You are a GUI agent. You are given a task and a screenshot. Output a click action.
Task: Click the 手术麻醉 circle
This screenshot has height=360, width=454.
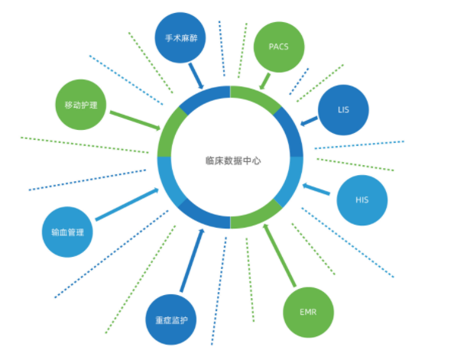[180, 37]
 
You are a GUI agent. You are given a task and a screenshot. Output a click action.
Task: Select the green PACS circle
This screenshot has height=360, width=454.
[279, 47]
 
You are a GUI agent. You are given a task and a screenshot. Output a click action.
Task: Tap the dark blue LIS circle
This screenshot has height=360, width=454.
[343, 110]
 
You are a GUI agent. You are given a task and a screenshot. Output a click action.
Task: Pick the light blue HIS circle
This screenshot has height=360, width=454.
[362, 200]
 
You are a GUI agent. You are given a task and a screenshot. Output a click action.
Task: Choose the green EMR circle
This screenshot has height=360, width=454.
[308, 312]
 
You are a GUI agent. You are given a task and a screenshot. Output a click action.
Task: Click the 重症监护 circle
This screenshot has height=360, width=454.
[171, 319]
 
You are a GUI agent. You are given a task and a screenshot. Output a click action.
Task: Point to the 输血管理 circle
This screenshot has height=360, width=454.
[67, 232]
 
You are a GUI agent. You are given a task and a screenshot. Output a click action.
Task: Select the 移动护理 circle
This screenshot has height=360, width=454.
[81, 105]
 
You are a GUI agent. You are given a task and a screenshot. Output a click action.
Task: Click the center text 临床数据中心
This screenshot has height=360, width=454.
[233, 161]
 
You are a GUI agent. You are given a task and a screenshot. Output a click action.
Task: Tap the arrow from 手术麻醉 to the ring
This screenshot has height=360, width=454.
[196, 76]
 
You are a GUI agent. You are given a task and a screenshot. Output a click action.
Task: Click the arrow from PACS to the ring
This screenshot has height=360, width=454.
[265, 81]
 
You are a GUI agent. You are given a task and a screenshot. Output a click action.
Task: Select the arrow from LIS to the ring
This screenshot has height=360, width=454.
[309, 121]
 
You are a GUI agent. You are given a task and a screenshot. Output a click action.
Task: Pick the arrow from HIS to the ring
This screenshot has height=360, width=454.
[316, 189]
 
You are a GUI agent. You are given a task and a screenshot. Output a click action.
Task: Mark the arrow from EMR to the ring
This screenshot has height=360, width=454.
[280, 255]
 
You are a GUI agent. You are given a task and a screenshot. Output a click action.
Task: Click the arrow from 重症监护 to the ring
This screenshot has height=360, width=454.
[193, 260]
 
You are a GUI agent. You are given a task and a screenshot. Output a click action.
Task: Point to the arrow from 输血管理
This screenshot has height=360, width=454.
[127, 204]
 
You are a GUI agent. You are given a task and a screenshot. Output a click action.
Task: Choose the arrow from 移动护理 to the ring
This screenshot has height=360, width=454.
[135, 121]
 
